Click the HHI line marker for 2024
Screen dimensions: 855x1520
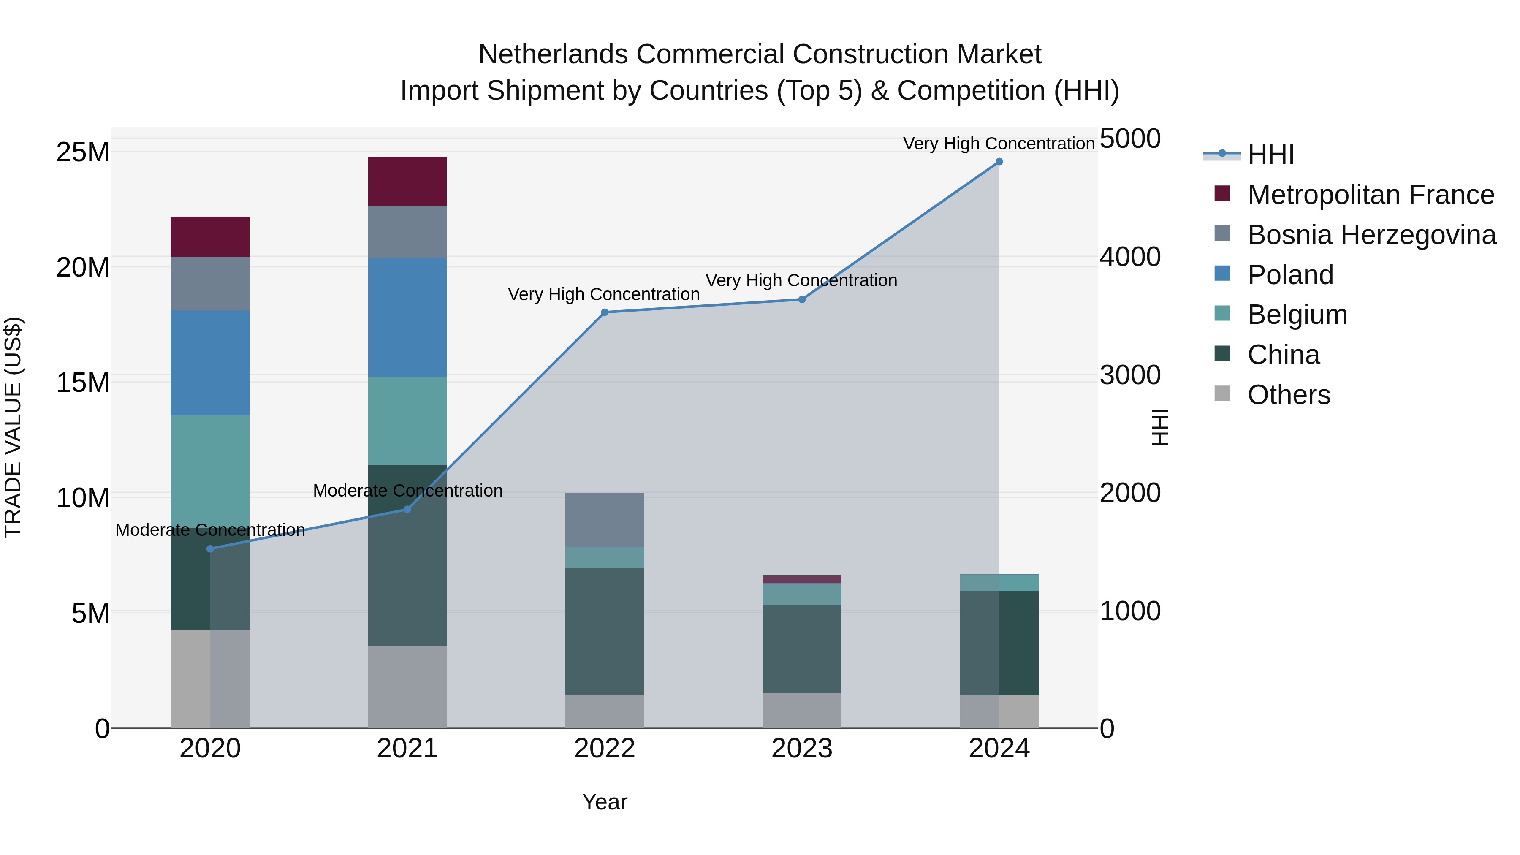pyautogui.click(x=999, y=162)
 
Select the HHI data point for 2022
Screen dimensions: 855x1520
pyautogui.click(x=604, y=313)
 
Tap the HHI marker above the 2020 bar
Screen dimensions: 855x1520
pyautogui.click(x=210, y=549)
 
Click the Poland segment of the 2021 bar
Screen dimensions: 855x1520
pyautogui.click(x=407, y=317)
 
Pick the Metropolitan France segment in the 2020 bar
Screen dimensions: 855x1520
pyautogui.click(x=210, y=236)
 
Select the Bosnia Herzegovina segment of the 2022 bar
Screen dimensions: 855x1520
pyautogui.click(x=604, y=520)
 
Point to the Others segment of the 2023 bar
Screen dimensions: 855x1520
pyautogui.click(x=801, y=711)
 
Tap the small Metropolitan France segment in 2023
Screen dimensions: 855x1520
pyautogui.click(x=801, y=579)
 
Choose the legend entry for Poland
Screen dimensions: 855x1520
pyautogui.click(x=1290, y=275)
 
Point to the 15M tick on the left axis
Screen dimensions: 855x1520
pyautogui.click(x=83, y=383)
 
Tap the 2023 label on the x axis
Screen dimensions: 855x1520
pyautogui.click(x=801, y=749)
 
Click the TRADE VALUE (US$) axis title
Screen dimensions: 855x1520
pyautogui.click(x=13, y=427)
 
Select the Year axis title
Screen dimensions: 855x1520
pyautogui.click(x=604, y=802)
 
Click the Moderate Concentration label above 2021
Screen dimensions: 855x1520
pyautogui.click(x=407, y=490)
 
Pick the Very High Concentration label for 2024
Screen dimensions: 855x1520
pyautogui.click(x=999, y=144)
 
